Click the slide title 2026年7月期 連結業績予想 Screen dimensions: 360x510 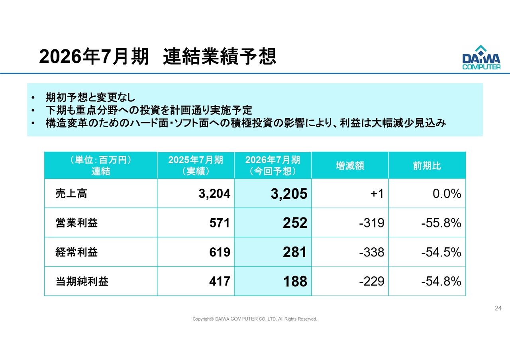pos(157,57)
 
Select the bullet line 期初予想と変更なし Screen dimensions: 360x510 pos(90,97)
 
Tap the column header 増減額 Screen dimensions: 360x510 pos(350,166)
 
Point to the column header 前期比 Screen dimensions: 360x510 pos(427,166)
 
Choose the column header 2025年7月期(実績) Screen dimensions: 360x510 pos(196,165)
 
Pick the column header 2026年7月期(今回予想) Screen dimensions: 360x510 pos(273,165)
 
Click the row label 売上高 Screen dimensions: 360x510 pos(71,194)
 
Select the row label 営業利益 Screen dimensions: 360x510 pos(76,223)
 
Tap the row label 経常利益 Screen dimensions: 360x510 pos(76,252)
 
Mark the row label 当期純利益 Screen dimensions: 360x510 pos(82,282)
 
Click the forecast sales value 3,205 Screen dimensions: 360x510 pos(289,194)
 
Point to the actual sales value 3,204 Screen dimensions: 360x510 pos(214,194)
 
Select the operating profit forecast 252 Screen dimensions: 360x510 pos(295,223)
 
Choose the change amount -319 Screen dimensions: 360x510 pos(371,223)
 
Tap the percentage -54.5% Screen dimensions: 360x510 pos(441,252)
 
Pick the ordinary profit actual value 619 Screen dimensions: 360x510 pos(220,252)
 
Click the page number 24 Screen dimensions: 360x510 pos(498,308)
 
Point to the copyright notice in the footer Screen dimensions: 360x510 pos(255,319)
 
